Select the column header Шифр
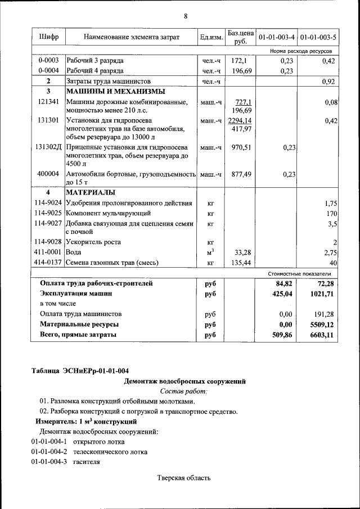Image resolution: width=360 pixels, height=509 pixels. pos(48,37)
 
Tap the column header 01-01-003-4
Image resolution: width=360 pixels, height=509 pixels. pos(276,37)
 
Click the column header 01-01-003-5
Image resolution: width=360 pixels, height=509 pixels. pos(318,37)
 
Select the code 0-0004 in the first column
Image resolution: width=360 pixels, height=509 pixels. pos(48,71)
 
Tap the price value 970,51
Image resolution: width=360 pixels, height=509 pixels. pos(240,147)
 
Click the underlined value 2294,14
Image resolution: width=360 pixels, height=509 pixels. pos(240,120)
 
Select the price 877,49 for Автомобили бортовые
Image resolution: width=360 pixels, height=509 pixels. pos(240,174)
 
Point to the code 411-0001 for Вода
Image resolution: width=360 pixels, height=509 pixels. pos(48,253)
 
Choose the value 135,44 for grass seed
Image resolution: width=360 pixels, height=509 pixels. pos(240,263)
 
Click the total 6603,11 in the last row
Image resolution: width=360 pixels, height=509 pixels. pos(322,335)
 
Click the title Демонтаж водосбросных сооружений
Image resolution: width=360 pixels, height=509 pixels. pos(184,381)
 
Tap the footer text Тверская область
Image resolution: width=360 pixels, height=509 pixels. pos(184,478)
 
